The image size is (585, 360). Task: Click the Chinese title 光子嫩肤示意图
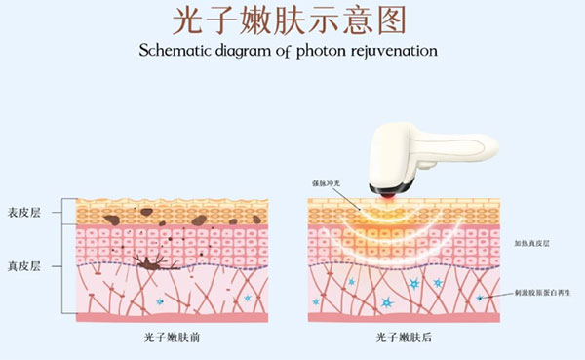(x=292, y=20)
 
